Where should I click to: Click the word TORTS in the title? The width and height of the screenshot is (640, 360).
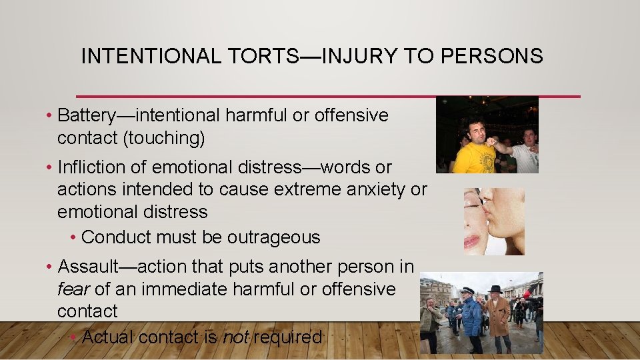click(x=266, y=57)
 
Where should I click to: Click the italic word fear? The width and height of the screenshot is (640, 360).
click(x=73, y=289)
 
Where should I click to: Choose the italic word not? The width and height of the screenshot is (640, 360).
click(x=235, y=337)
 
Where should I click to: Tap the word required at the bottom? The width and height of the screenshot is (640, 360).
click(x=287, y=337)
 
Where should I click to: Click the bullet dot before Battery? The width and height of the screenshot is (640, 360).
click(x=51, y=116)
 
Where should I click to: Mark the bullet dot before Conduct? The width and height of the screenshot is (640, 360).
click(x=73, y=238)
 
